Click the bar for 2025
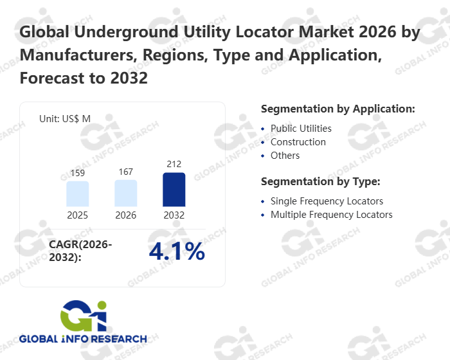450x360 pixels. (x=78, y=194)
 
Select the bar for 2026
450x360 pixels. (x=126, y=193)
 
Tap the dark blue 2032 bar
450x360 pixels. (x=174, y=190)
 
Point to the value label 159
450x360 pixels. (x=78, y=174)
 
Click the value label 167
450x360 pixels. (x=126, y=172)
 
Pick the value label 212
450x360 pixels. (x=174, y=165)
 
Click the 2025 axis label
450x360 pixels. (x=78, y=215)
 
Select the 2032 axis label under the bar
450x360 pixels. (x=174, y=215)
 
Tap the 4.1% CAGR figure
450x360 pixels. (x=177, y=252)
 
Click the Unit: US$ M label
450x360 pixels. (x=65, y=118)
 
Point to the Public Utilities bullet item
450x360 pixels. (x=301, y=129)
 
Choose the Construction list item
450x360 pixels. (x=298, y=142)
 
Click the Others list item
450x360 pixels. (x=285, y=156)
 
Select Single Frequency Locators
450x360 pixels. (x=327, y=201)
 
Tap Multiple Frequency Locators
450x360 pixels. (x=331, y=215)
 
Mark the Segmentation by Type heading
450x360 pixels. (x=321, y=181)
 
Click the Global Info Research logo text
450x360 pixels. (x=83, y=339)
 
